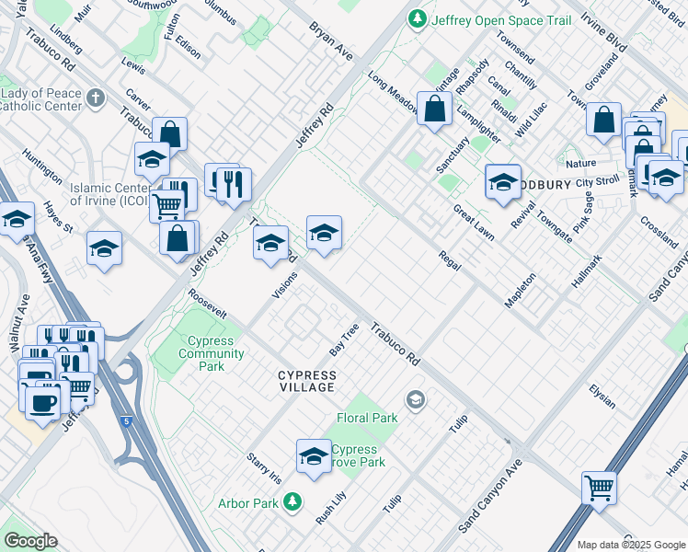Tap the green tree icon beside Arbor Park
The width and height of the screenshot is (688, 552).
[x=292, y=501]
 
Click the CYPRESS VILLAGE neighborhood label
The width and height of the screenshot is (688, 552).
[x=307, y=381]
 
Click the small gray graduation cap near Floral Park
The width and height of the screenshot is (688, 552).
[x=416, y=398]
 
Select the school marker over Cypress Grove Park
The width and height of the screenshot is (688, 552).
[x=314, y=455]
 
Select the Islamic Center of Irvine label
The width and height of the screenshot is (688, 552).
[x=108, y=194]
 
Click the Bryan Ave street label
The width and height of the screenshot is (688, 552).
[x=330, y=38]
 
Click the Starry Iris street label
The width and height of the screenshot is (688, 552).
[x=263, y=466]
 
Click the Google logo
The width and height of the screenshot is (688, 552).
[x=30, y=541]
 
